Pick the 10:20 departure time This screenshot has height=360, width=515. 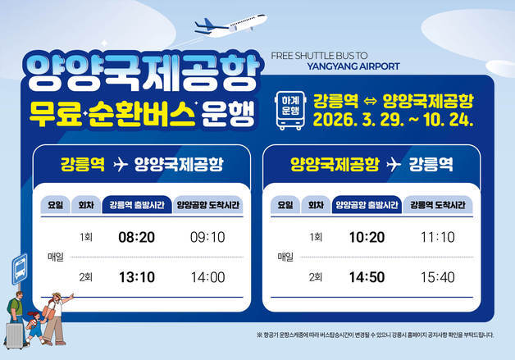click(366, 237)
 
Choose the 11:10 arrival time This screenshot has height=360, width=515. click(436, 237)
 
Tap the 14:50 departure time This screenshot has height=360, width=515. click(366, 277)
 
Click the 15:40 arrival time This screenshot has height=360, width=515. click(436, 277)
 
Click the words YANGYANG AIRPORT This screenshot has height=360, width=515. click(352, 67)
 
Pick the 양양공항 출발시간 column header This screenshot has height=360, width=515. click(366, 204)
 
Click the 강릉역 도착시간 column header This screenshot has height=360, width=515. click(438, 204)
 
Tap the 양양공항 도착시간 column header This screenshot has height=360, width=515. click(208, 204)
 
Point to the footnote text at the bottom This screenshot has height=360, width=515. click(375, 335)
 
